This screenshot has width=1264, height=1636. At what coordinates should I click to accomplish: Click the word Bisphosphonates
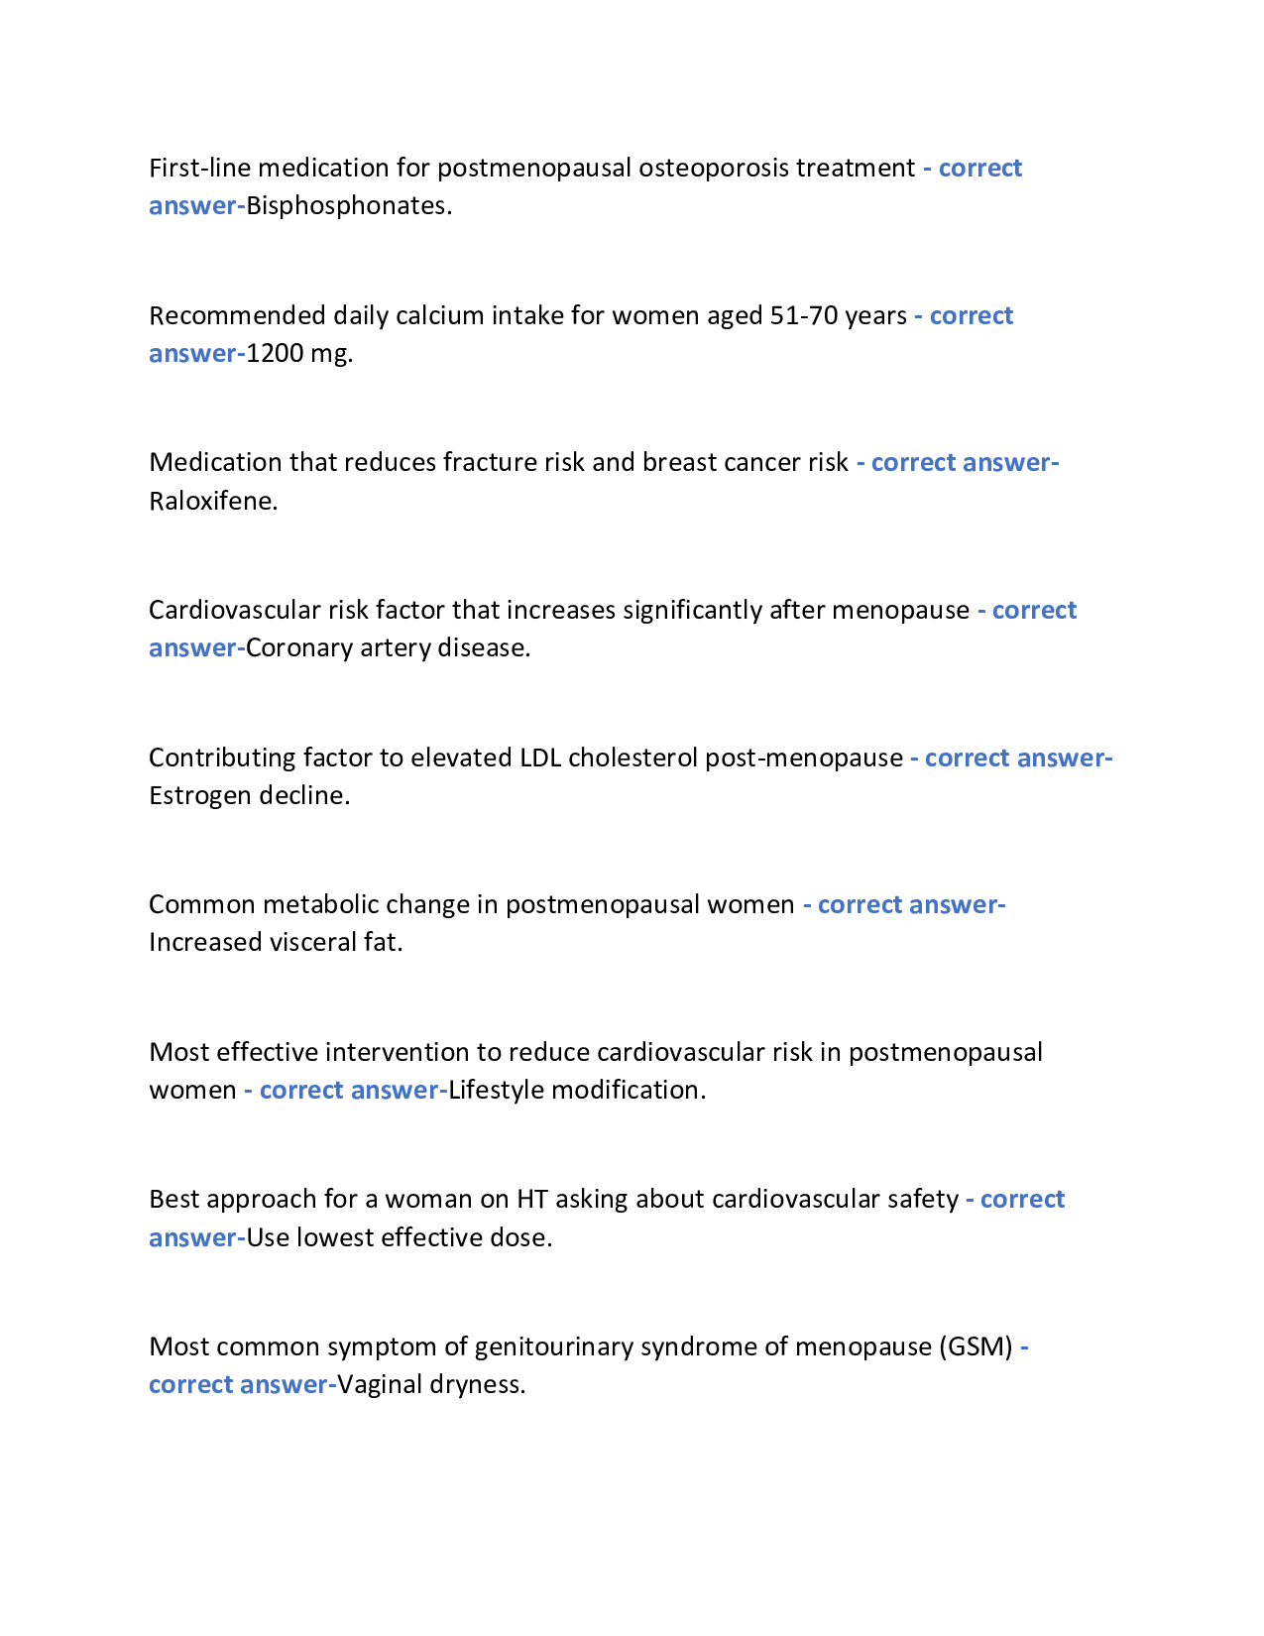(348, 205)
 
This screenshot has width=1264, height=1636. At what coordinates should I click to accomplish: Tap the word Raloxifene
(213, 501)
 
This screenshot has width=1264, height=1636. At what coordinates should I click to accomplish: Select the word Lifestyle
(496, 1090)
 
